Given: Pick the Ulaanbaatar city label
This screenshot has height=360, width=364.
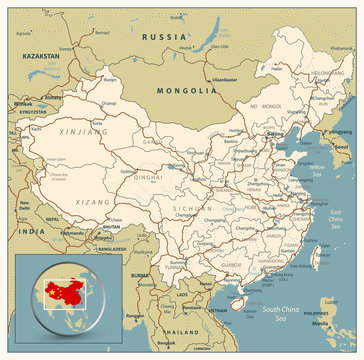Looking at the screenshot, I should (x=223, y=79).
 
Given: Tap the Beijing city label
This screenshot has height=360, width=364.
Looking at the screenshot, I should (x=273, y=133).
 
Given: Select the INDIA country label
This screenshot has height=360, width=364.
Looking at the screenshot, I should (x=22, y=233).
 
